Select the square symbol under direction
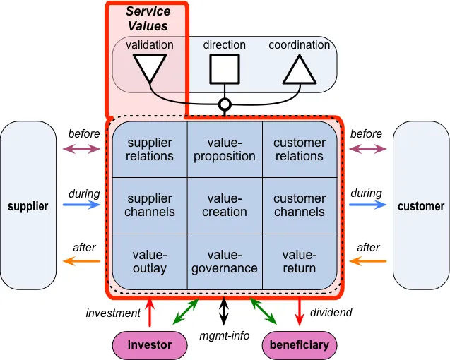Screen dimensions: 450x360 pos(225,69)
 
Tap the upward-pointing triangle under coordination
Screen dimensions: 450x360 pos(300,71)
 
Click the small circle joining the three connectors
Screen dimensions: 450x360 pos(225,104)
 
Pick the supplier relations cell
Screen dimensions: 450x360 pos(150,149)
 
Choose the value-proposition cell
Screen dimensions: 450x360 pos(225,149)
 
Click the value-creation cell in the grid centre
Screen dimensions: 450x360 pos(225,205)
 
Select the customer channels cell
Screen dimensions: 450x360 pos(300,205)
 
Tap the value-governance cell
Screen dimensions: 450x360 pos(225,262)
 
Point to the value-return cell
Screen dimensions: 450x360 pos(300,262)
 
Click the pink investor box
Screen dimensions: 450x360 pos(150,345)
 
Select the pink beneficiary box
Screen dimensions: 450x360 pos(300,345)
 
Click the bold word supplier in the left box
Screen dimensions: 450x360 pos(28,206)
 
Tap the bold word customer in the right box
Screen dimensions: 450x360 pos(421,206)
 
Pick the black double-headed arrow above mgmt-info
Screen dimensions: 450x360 pos(224,311)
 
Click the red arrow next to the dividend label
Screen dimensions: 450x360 pos(300,311)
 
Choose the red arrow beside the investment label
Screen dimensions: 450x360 pos(150,312)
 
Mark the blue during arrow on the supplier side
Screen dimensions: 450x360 pos(81,205)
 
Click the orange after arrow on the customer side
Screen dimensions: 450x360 pos(368,261)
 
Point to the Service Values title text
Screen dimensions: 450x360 pos(148,18)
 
